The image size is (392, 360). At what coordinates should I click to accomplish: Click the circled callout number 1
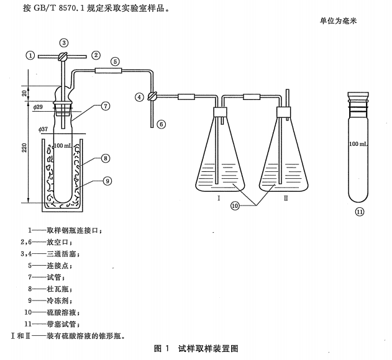tap(29, 55)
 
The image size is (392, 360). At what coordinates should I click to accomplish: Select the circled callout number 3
tap(63, 42)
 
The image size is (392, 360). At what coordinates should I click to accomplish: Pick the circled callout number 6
tap(162, 124)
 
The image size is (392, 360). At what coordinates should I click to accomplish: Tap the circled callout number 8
tap(106, 158)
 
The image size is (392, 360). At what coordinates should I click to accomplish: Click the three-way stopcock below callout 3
tap(63, 56)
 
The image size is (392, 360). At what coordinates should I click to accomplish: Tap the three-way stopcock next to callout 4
tap(152, 97)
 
